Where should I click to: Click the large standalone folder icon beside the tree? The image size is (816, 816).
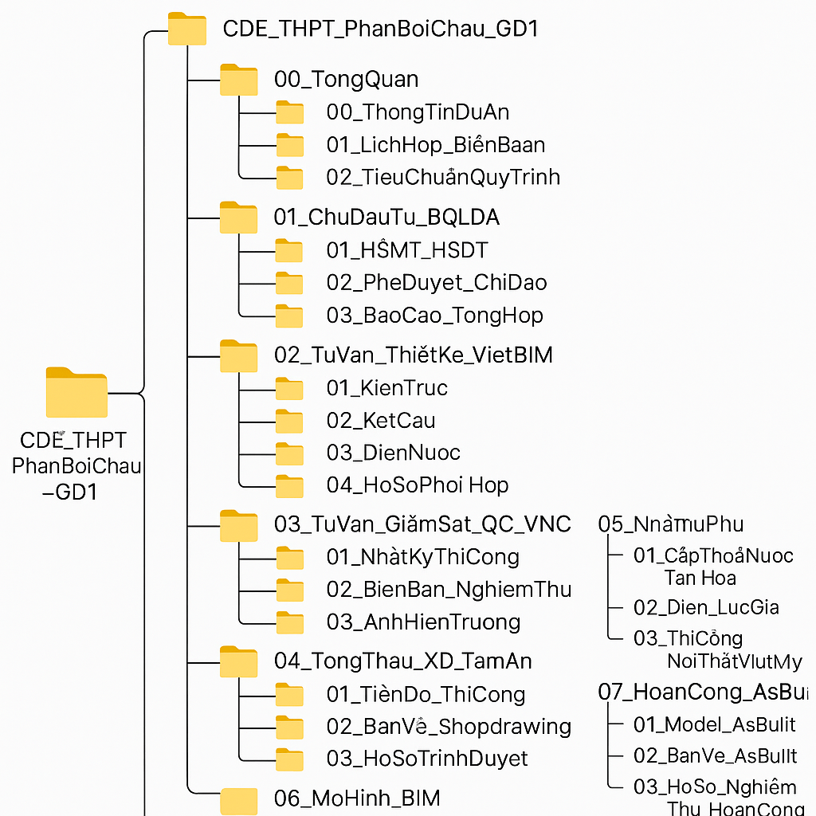(x=76, y=393)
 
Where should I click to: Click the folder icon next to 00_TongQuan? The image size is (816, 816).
(x=238, y=80)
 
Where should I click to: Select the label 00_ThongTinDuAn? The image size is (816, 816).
(x=418, y=112)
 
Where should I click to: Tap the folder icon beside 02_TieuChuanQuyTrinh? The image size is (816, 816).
(x=289, y=178)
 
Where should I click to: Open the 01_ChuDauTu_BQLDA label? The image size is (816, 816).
(x=386, y=217)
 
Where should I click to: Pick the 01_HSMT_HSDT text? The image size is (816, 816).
(x=406, y=250)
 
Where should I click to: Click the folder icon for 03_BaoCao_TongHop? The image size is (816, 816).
(x=289, y=316)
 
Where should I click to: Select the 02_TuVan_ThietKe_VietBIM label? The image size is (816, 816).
(x=413, y=355)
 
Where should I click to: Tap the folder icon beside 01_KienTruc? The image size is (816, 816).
(x=289, y=389)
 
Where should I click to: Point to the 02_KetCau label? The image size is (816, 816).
(x=381, y=421)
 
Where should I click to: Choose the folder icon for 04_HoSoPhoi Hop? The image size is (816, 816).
(x=289, y=486)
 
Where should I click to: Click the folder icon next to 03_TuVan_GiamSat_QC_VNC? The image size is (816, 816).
(x=238, y=525)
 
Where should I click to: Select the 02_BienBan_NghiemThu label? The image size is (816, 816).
(x=449, y=590)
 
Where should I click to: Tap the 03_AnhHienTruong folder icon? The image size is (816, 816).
(x=289, y=623)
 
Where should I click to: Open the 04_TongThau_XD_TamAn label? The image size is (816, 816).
(x=402, y=661)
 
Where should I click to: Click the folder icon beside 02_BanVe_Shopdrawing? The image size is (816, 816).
(x=289, y=727)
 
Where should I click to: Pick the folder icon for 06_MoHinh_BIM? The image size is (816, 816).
(x=238, y=800)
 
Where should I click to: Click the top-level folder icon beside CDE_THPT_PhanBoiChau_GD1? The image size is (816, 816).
(x=187, y=29)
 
